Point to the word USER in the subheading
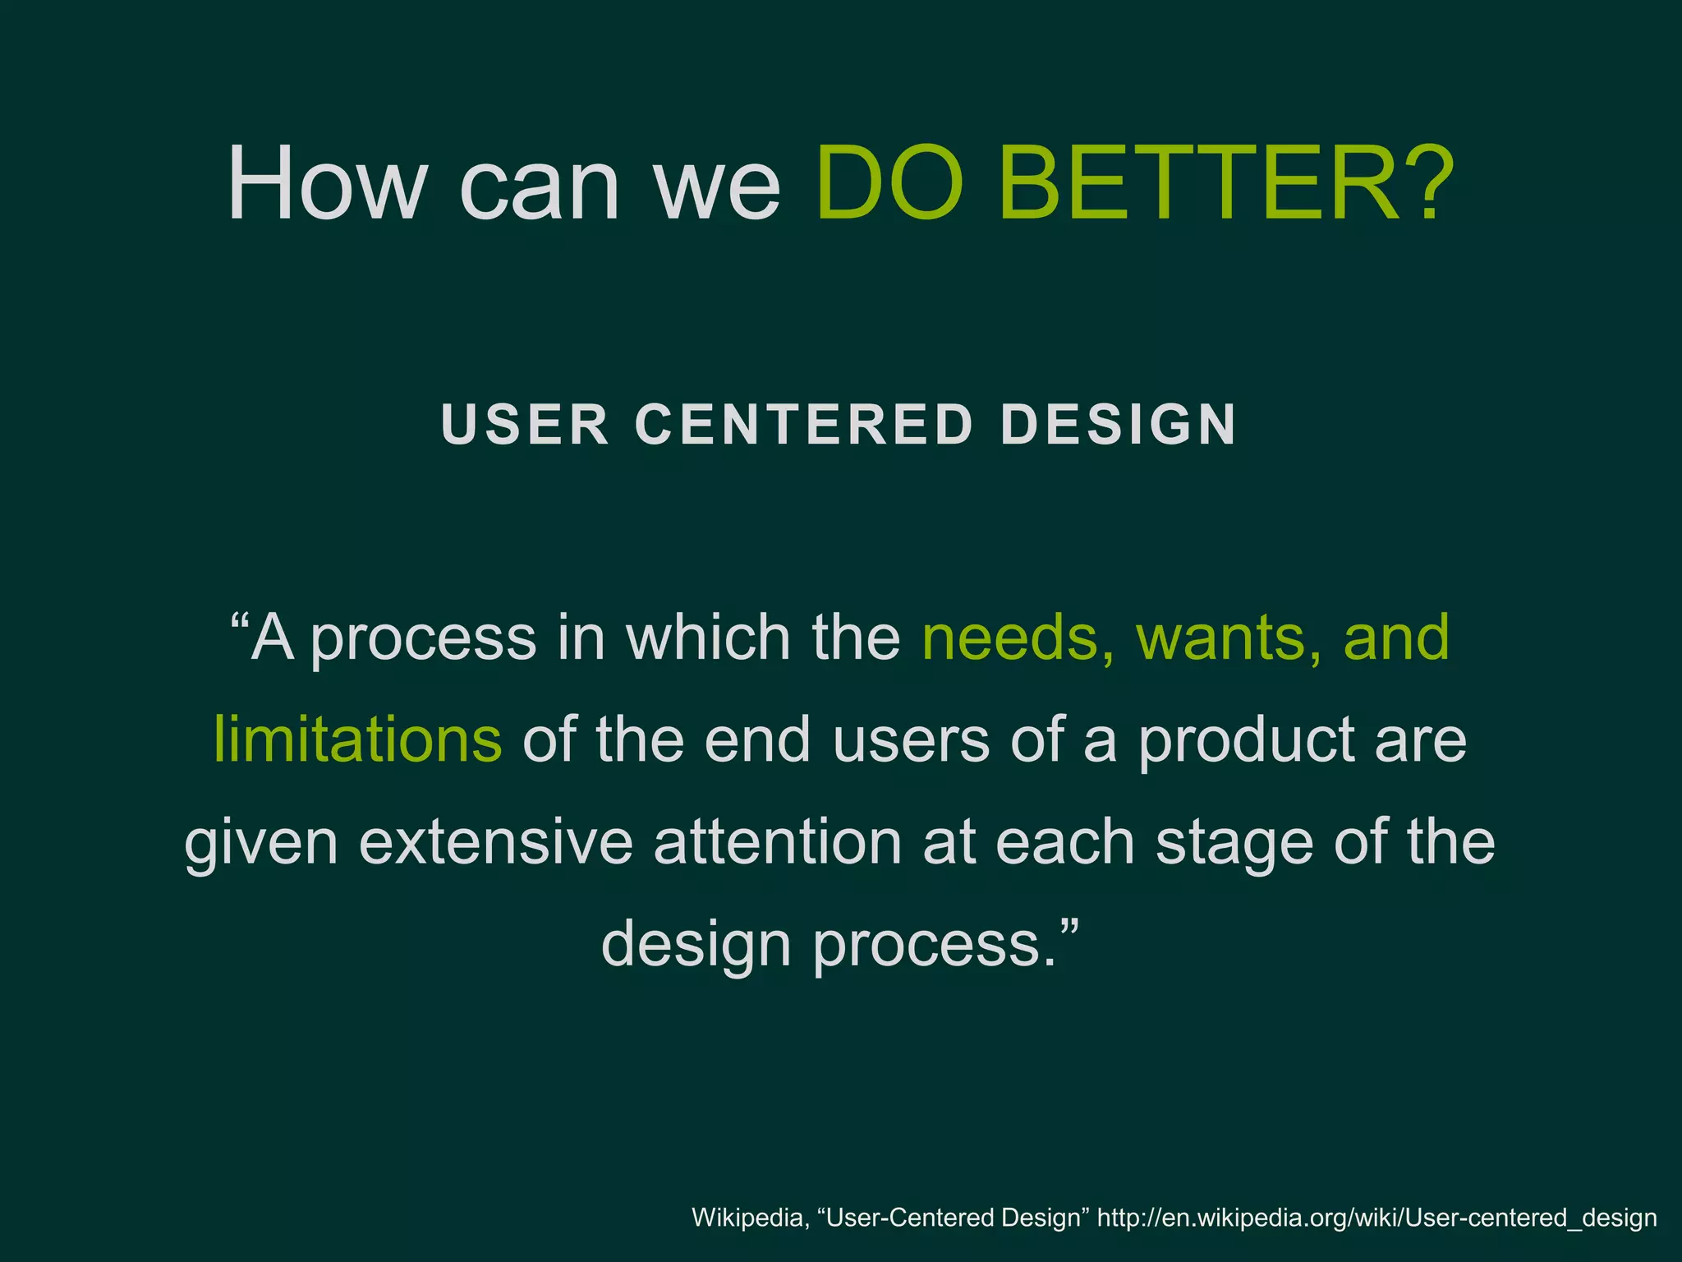click(525, 425)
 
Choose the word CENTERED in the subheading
click(804, 425)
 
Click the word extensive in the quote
click(496, 842)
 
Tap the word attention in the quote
click(777, 842)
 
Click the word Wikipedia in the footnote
click(747, 1217)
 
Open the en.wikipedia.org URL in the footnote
click(1376, 1218)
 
